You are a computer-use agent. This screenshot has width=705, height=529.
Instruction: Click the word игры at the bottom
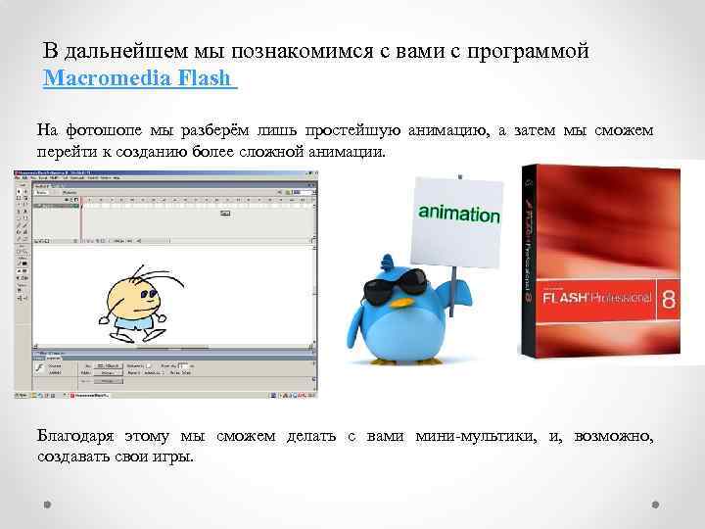(x=174, y=457)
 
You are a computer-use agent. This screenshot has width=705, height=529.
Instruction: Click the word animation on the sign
(x=458, y=214)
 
